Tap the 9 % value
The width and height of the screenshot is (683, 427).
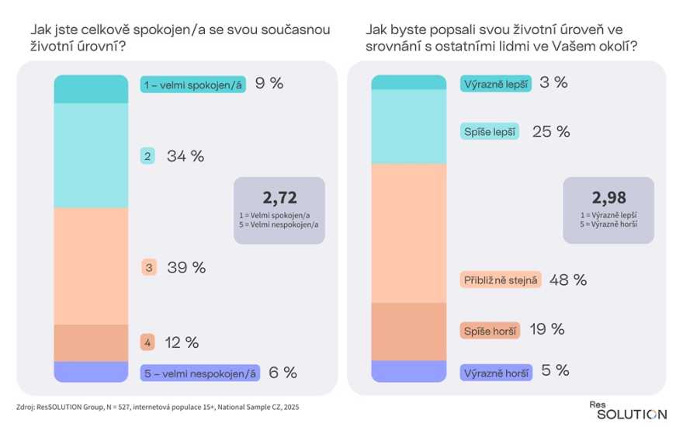pyautogui.click(x=269, y=84)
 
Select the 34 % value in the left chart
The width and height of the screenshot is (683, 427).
pyautogui.click(x=185, y=156)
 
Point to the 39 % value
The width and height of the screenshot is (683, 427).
pyautogui.click(x=186, y=268)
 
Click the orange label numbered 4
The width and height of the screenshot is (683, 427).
pyautogui.click(x=146, y=342)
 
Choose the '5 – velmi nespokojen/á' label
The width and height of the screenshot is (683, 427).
pyautogui.click(x=199, y=373)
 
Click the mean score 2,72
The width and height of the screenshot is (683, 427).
pyautogui.click(x=279, y=196)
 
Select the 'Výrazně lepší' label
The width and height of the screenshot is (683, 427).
pyautogui.click(x=496, y=84)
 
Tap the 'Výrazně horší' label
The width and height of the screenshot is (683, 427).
pyautogui.click(x=496, y=373)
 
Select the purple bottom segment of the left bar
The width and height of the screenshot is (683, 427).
pyautogui.click(x=90, y=372)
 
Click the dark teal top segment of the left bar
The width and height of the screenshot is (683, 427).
pyautogui.click(x=90, y=89)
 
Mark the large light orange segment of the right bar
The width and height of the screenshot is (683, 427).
pyautogui.click(x=409, y=233)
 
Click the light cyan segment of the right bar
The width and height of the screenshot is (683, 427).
pyautogui.click(x=409, y=127)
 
